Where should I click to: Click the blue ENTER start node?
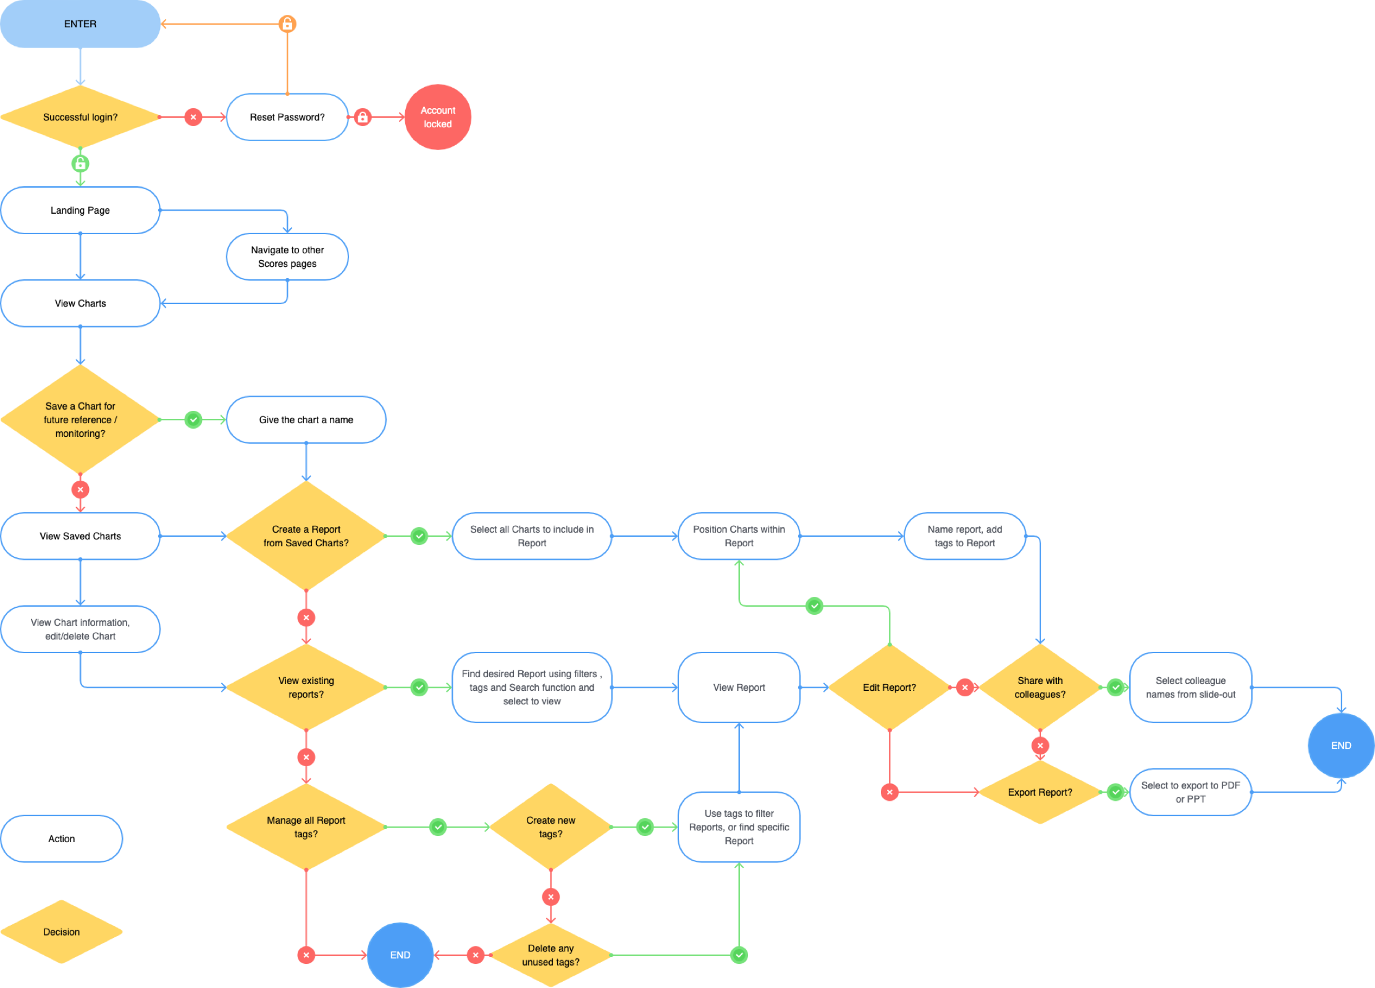coord(80,24)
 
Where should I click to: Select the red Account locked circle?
coord(438,117)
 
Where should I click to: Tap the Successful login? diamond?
coord(80,117)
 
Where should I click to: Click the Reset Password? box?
coord(287,117)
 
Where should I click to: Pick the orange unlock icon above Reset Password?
coord(287,24)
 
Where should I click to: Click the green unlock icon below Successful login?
coord(80,164)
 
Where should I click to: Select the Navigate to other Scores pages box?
coord(287,256)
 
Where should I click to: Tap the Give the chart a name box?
coord(306,420)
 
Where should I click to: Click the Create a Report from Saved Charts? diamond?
coord(306,536)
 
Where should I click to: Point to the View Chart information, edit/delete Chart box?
coord(80,629)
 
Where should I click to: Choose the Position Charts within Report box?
coord(739,536)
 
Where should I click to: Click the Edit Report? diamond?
coord(889,687)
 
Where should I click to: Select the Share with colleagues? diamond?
coord(1040,687)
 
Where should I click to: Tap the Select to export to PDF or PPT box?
coord(1190,792)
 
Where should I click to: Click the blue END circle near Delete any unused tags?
coord(400,955)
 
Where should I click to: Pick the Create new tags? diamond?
coord(550,827)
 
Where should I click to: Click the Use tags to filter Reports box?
coord(739,827)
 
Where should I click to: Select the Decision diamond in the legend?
coord(62,932)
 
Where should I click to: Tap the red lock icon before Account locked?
coord(363,117)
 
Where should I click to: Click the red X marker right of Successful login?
coord(193,117)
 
